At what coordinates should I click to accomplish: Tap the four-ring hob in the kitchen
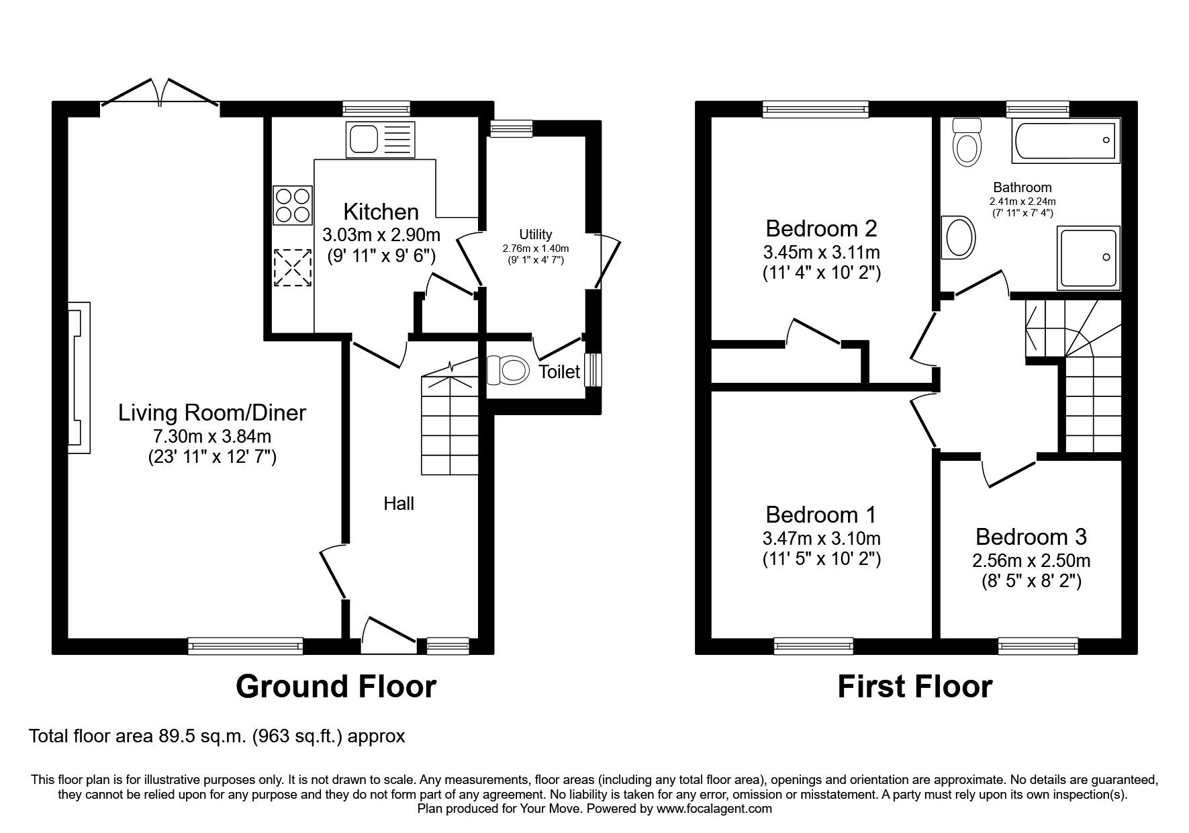[293, 205]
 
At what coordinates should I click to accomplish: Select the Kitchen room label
[381, 212]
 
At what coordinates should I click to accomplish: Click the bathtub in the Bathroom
[1065, 142]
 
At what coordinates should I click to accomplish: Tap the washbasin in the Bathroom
[959, 236]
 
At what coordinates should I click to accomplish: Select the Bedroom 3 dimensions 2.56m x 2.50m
[1031, 560]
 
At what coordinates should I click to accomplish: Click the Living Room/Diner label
[212, 412]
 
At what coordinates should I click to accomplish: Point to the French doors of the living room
[160, 92]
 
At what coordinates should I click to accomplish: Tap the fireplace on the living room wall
[80, 378]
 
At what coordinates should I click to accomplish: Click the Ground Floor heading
[336, 687]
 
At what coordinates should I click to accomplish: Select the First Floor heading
[914, 687]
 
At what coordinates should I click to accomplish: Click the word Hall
[399, 503]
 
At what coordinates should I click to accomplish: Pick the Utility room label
[535, 234]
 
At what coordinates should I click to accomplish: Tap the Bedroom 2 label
[821, 229]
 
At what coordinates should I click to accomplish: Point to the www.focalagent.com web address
[714, 809]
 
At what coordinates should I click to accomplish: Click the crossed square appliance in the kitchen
[293, 268]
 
